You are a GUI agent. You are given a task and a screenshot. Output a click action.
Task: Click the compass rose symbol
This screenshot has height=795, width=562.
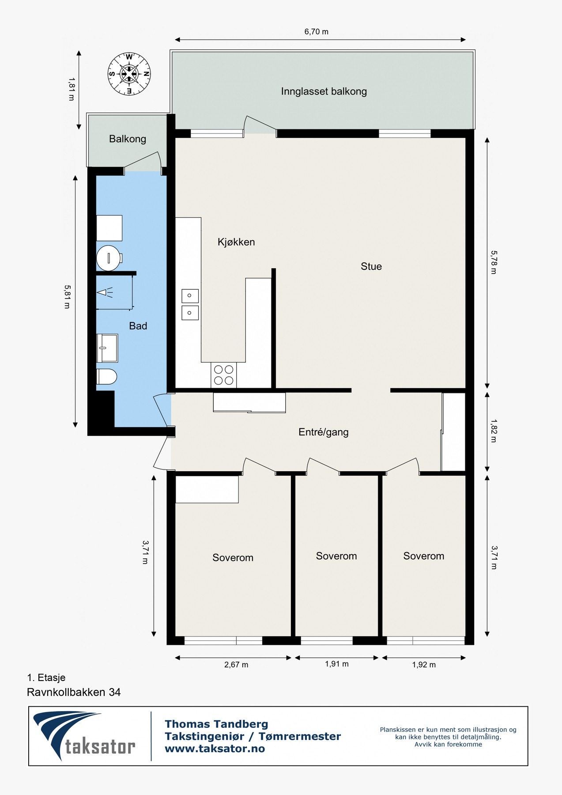[129, 74]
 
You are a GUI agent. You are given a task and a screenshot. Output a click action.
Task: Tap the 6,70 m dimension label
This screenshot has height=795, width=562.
[317, 31]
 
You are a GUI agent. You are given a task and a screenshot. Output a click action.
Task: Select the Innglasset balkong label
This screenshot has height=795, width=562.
[324, 91]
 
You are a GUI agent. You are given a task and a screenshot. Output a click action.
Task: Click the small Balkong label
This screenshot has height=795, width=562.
[128, 139]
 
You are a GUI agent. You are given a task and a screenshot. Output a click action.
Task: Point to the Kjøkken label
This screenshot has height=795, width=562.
[236, 242]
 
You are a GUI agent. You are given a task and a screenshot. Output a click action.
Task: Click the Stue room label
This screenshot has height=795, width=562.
[371, 266]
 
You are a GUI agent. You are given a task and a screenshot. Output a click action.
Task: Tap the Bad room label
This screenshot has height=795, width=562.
[138, 326]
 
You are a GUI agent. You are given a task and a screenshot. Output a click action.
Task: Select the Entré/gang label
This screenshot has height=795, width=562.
[324, 432]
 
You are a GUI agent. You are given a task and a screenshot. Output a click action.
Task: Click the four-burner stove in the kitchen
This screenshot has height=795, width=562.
[224, 375]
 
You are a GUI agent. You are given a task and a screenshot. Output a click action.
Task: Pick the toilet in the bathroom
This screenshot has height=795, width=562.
[107, 377]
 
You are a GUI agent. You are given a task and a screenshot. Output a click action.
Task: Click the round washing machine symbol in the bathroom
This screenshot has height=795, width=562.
[109, 258]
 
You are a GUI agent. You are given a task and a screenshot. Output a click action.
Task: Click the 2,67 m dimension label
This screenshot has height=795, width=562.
[236, 665]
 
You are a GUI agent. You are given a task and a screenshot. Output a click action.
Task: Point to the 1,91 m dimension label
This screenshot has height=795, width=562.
[337, 664]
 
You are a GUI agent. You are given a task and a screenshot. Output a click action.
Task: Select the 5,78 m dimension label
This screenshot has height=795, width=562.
[494, 262]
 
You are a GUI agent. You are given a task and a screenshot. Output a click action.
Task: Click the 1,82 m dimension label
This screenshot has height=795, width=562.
[494, 431]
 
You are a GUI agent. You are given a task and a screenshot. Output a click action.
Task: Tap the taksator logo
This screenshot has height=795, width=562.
[84, 735]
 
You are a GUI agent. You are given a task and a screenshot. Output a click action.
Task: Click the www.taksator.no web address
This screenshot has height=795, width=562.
[215, 749]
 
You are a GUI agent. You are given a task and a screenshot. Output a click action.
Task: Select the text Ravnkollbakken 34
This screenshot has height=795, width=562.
[74, 692]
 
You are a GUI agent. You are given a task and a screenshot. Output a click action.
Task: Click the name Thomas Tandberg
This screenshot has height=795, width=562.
[216, 724]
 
